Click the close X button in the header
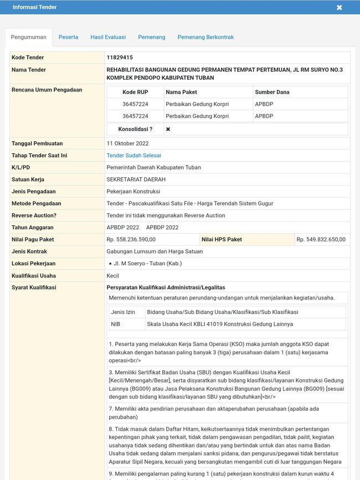[x=339, y=7]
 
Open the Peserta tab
[x=68, y=37]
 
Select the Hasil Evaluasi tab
[x=108, y=37]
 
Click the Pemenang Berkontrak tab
[x=205, y=37]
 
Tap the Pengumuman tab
[x=29, y=37]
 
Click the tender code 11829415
[x=120, y=58]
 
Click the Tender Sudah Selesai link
[x=133, y=156]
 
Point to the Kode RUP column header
[x=135, y=92]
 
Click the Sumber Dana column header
[x=272, y=92]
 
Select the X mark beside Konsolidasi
[x=168, y=129]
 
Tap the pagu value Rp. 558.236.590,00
[x=131, y=240]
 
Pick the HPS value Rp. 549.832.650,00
[x=321, y=240]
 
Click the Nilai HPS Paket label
[x=222, y=240]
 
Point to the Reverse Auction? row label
[x=34, y=215]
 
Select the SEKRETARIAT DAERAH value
[x=136, y=179]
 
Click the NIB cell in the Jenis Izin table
[x=115, y=324]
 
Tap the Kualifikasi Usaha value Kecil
[x=112, y=276]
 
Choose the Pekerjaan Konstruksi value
[x=133, y=192]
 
